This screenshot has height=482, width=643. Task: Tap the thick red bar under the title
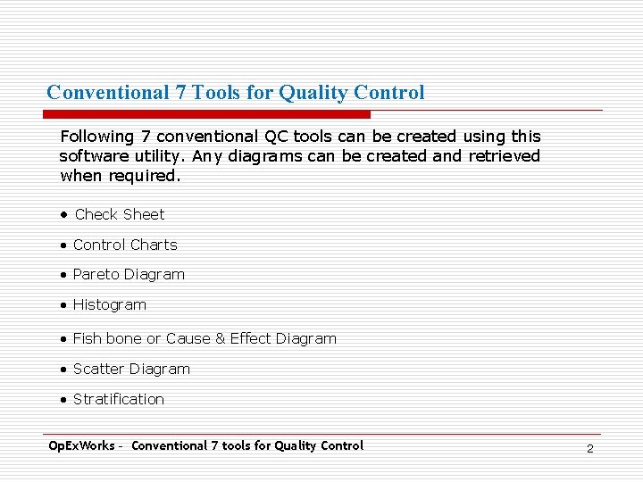coord(206,114)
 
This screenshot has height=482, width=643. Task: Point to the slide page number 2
coord(589,448)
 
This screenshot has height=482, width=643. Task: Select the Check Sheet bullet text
coord(120,214)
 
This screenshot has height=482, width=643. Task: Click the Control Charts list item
coord(125,245)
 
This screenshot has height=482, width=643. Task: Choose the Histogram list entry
coord(109,304)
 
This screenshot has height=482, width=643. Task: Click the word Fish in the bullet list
coord(88,338)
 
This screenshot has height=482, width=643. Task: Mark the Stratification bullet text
coord(118,399)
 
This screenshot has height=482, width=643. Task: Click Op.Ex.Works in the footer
coord(81,445)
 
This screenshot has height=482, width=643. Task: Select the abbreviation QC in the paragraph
coord(275,137)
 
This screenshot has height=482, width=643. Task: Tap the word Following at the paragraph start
coord(96,137)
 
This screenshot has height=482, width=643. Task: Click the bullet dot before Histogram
coord(64,305)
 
